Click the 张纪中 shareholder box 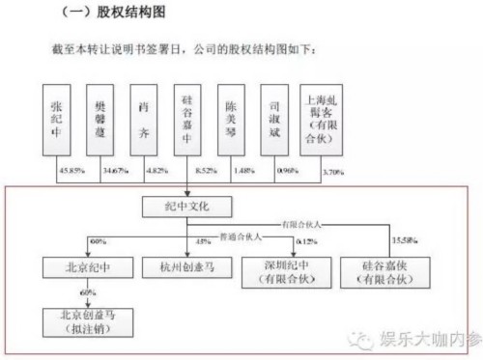click(67, 123)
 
